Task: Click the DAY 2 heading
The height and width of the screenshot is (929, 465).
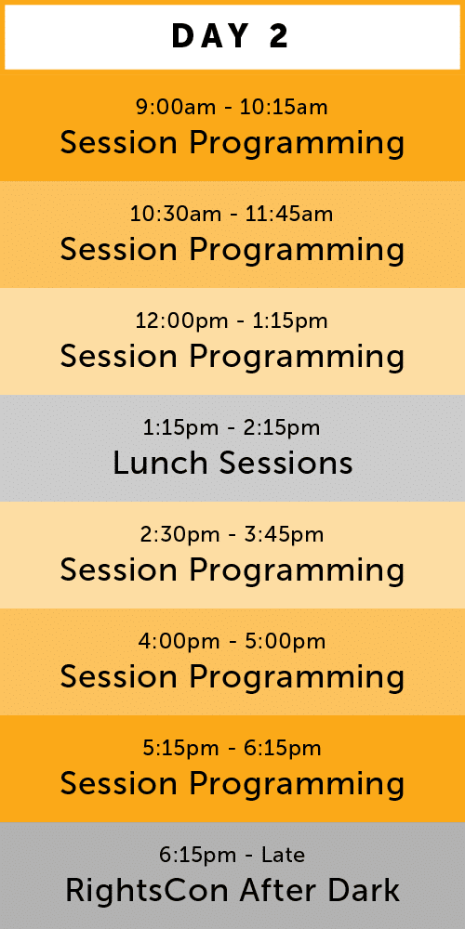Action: [230, 36]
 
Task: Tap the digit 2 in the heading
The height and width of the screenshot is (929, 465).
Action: [279, 36]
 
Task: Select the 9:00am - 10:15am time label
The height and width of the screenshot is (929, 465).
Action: [232, 107]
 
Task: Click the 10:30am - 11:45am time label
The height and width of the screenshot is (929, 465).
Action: [232, 214]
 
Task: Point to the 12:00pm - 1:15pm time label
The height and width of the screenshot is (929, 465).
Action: [232, 321]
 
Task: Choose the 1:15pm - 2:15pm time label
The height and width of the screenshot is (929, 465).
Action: [232, 427]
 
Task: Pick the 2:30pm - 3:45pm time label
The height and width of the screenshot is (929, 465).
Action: [232, 534]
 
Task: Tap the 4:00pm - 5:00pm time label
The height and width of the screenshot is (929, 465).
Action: [232, 641]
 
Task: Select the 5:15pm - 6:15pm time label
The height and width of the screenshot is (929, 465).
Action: [232, 748]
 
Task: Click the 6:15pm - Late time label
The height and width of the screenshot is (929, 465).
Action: [232, 855]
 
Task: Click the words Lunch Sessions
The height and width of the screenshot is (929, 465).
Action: [232, 463]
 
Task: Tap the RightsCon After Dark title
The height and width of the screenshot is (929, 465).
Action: [232, 890]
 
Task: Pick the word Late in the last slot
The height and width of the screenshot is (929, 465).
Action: [284, 855]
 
